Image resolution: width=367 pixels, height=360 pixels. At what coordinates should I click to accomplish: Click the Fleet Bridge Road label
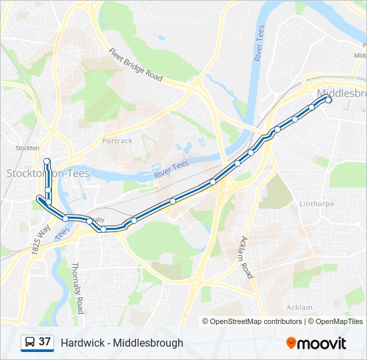pos(135,65)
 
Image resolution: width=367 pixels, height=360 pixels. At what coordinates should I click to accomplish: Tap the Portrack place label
pos(117,141)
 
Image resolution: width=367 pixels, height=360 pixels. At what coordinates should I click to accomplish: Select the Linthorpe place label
pos(316,203)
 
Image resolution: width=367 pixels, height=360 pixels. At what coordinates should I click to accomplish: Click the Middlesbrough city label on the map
pos(342,93)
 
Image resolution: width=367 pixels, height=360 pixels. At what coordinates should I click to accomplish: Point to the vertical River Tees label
pos(260,44)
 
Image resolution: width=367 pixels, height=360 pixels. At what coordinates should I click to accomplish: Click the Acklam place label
pos(299,307)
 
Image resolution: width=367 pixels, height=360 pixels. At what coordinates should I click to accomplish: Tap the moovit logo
pos(316,343)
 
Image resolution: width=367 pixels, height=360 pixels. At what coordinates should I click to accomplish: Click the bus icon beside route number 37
pos(30,343)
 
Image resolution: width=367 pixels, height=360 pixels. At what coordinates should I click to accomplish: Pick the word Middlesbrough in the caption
pos(147,343)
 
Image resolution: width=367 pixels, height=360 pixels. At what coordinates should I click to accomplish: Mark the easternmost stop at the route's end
pos(328,100)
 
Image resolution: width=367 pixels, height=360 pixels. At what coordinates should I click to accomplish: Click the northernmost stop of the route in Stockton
pos(47,161)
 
